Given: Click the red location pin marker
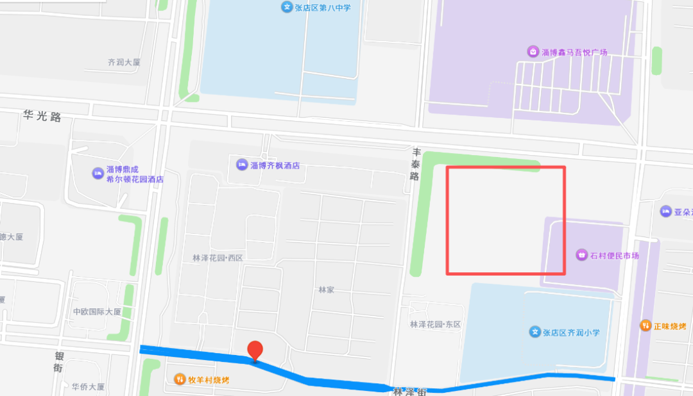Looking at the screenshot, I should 255,350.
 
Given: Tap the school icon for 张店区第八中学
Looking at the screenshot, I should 286,7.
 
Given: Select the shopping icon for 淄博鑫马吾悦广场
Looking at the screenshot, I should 533,51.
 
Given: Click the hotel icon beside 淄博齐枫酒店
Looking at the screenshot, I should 242,165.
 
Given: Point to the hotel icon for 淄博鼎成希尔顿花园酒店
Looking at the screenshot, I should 98,172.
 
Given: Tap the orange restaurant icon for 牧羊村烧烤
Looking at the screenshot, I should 180,379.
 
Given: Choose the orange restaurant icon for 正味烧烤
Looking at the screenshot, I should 645,326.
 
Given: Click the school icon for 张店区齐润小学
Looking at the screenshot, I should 535,332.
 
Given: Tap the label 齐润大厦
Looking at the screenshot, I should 124,63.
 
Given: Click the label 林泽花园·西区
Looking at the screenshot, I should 218,258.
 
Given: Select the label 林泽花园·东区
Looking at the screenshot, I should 435,324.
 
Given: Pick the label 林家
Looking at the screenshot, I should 326,290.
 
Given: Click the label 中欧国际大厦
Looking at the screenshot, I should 97,311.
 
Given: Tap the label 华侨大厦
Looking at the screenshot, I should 88,386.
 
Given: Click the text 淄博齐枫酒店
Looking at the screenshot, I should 275,165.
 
